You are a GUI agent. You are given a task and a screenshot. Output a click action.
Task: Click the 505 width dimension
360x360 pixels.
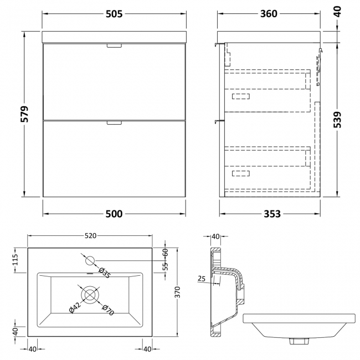pyautogui.click(x=115, y=14)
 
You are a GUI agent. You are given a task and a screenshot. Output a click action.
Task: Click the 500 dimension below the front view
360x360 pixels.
pyautogui.click(x=115, y=214)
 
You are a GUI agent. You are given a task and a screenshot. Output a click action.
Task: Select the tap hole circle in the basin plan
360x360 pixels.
pyautogui.click(x=90, y=259)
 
